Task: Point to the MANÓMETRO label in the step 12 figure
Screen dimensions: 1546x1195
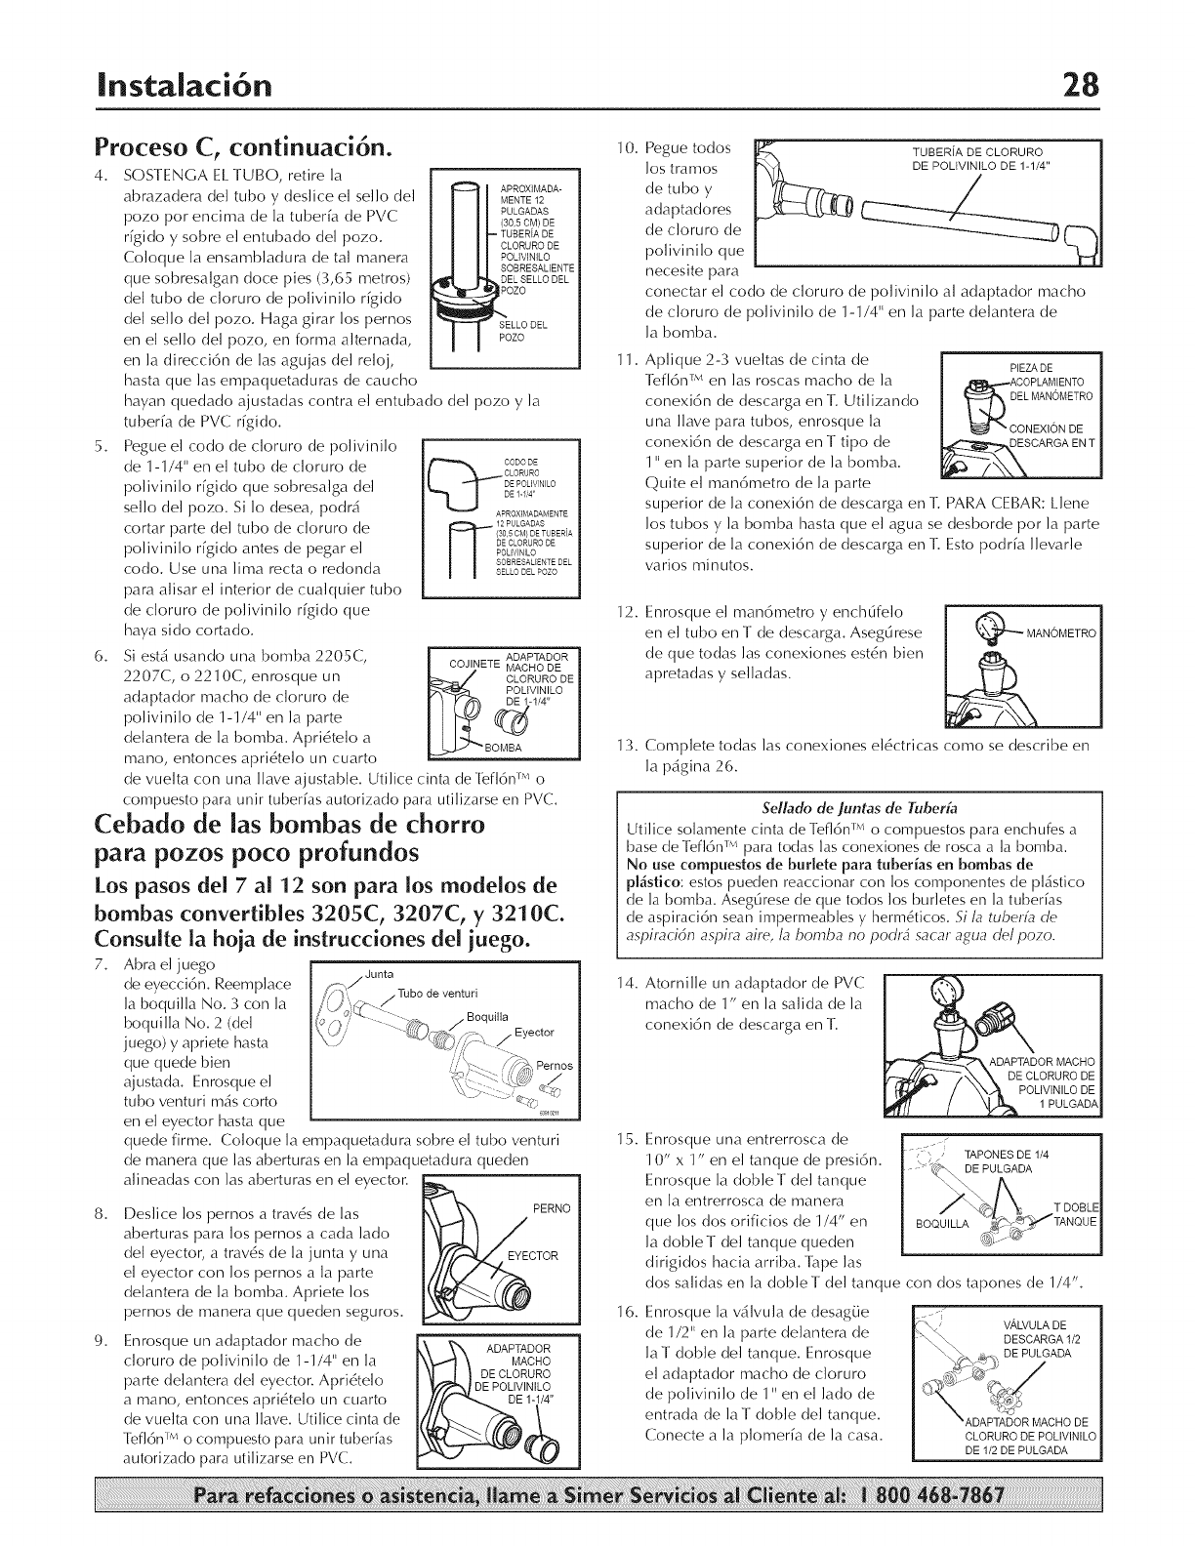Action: click(1060, 633)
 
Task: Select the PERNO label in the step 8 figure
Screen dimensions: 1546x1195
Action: click(551, 1208)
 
